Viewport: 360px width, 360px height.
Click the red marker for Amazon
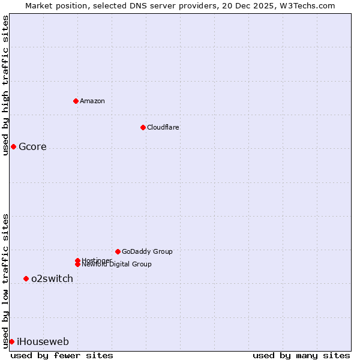pyautogui.click(x=76, y=101)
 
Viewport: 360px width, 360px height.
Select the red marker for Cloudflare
pyautogui.click(x=143, y=127)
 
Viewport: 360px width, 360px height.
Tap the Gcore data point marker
pyautogui.click(x=13, y=146)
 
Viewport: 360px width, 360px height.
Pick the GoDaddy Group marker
pyautogui.click(x=118, y=251)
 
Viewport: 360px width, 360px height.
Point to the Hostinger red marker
pyautogui.click(x=77, y=260)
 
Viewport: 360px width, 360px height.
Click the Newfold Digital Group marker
pyautogui.click(x=77, y=265)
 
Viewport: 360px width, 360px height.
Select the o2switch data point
pyautogui.click(x=26, y=278)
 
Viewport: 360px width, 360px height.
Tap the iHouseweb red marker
pyautogui.click(x=11, y=341)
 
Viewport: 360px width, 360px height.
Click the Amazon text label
pyautogui.click(x=92, y=101)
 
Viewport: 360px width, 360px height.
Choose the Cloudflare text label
pyautogui.click(x=163, y=127)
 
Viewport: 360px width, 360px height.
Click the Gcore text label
pyautogui.click(x=32, y=147)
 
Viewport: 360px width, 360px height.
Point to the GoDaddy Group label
pyautogui.click(x=147, y=251)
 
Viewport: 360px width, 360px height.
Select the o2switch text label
pyautogui.click(x=52, y=278)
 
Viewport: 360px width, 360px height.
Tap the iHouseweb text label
pyautogui.click(x=43, y=342)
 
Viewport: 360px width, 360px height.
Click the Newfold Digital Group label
pyautogui.click(x=117, y=265)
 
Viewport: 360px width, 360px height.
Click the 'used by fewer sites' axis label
pyautogui.click(x=62, y=356)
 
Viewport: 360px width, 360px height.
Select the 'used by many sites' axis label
pyautogui.click(x=301, y=356)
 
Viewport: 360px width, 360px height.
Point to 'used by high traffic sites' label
pyautogui.click(x=5, y=85)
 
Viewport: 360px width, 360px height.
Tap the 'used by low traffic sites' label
pyautogui.click(x=5, y=280)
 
